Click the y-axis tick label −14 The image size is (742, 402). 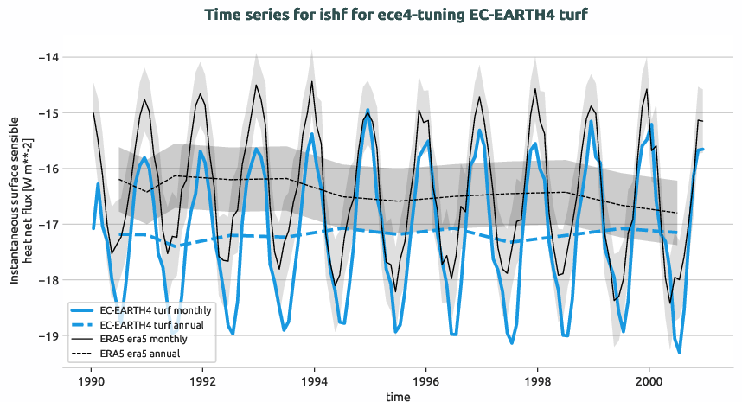point(48,57)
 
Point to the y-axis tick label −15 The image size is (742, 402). point(48,113)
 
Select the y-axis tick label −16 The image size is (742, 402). point(48,169)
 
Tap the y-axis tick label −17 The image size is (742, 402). point(48,225)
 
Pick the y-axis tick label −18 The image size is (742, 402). point(48,280)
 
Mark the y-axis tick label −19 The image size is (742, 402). point(48,336)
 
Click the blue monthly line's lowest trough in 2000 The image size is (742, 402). point(680,352)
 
